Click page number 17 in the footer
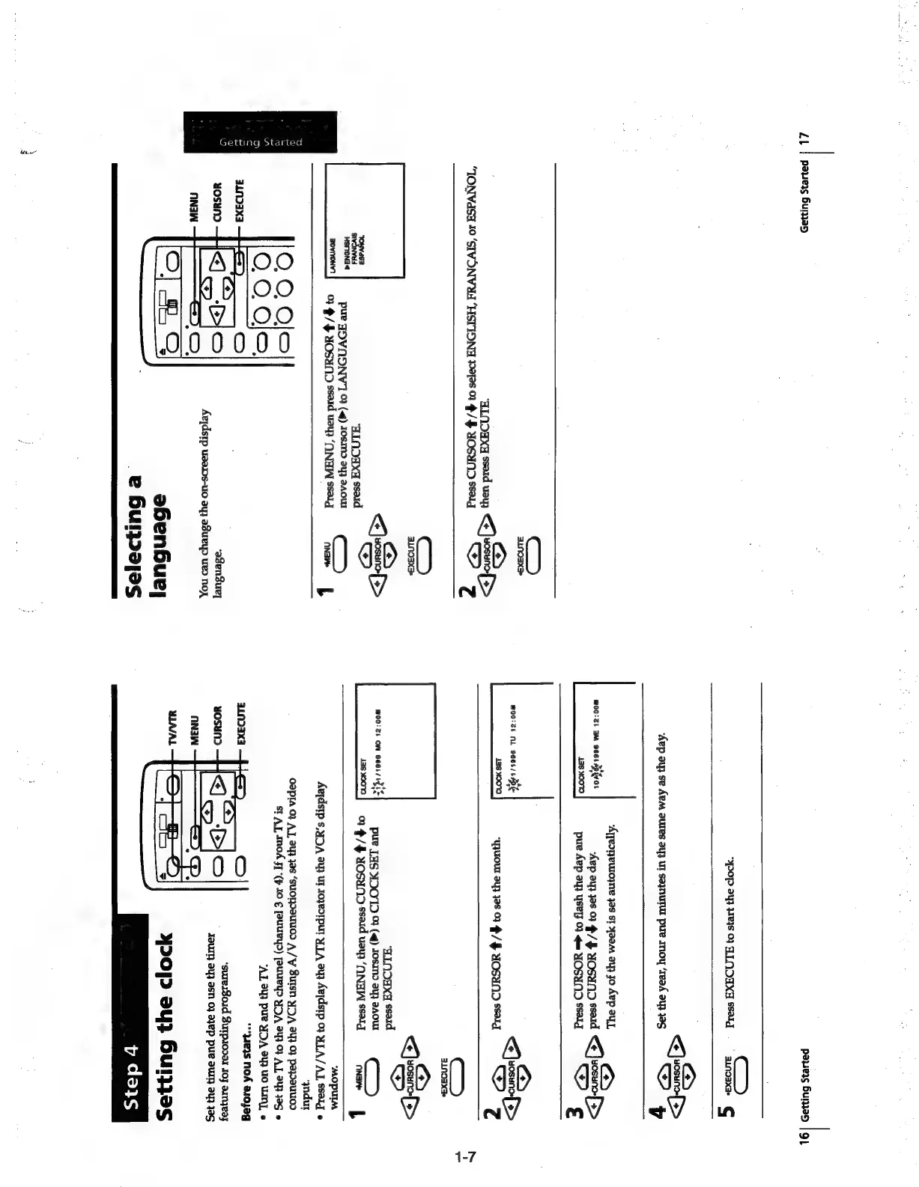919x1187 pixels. [804, 138]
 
